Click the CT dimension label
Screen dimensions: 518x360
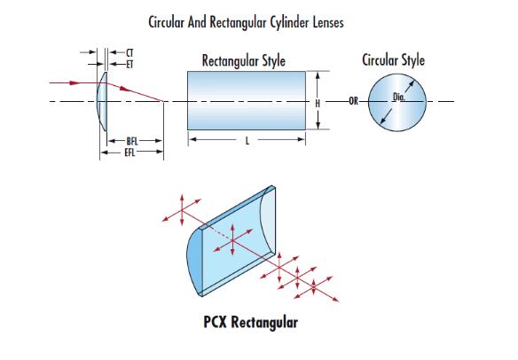coord(129,53)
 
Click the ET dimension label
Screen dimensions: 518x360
coord(129,64)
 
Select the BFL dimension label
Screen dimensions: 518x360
coord(132,141)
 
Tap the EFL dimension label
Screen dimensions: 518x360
coord(129,153)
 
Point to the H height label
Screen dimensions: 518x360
coord(318,104)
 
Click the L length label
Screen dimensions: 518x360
coord(247,141)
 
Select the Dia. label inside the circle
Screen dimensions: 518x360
coord(399,97)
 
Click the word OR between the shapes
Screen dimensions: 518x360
coord(354,101)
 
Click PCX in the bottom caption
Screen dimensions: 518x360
coord(215,322)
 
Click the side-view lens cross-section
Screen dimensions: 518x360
coord(102,101)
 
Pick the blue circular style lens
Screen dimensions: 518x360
coord(397,102)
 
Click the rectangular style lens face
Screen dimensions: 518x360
coord(247,100)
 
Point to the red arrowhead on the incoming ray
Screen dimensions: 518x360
coord(75,82)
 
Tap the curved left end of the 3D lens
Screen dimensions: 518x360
coord(194,262)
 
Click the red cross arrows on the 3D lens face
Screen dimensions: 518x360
coord(232,239)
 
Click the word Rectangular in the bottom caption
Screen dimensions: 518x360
coord(264,323)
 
